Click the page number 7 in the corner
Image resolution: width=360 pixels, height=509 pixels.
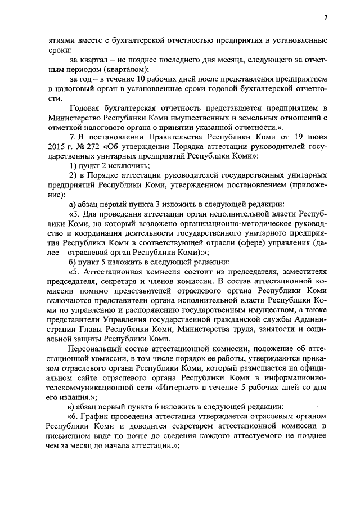(325, 17)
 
